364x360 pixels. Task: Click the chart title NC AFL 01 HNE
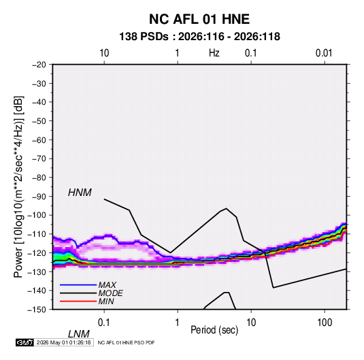(x=199, y=19)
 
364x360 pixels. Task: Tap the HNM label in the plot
(x=80, y=193)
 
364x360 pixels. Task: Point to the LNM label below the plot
(x=78, y=334)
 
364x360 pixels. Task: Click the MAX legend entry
(x=107, y=285)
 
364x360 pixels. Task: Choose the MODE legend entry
(x=110, y=293)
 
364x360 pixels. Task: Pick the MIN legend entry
(x=106, y=301)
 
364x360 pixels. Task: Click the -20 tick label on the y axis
(x=39, y=65)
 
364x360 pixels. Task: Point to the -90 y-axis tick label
(x=39, y=197)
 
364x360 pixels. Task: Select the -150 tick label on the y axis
(x=37, y=310)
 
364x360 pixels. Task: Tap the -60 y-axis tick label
(x=39, y=140)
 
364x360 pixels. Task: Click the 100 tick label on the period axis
(x=325, y=323)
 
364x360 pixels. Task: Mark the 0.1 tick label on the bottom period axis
(x=104, y=323)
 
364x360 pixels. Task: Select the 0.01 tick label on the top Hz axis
(x=324, y=53)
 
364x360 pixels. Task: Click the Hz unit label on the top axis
(x=214, y=53)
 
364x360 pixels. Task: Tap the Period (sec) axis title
(x=214, y=330)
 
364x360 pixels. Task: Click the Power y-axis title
(x=18, y=187)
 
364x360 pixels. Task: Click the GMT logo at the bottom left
(x=25, y=342)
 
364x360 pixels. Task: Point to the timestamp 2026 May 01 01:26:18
(x=63, y=342)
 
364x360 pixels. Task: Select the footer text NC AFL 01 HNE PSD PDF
(x=126, y=342)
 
